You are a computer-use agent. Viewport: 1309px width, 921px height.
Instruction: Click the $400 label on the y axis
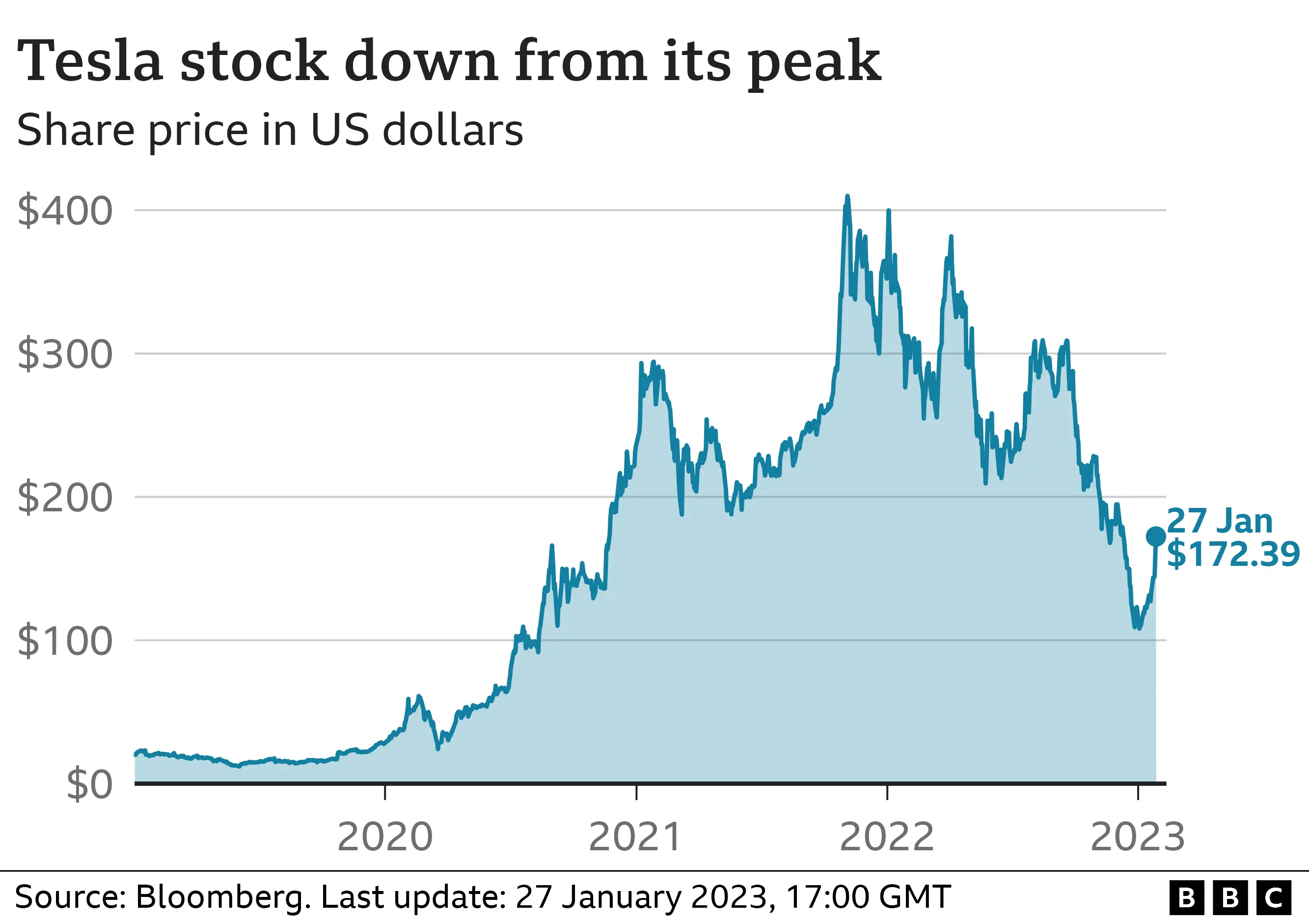[64, 212]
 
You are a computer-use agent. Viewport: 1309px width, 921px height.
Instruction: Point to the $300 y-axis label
[64, 355]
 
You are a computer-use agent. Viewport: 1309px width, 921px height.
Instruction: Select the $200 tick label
[64, 498]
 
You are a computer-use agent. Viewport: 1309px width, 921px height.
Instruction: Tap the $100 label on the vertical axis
[64, 642]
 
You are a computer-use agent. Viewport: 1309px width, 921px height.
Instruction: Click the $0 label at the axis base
[89, 785]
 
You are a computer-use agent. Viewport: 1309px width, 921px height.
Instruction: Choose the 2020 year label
[385, 837]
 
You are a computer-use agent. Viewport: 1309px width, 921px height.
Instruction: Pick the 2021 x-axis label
[635, 837]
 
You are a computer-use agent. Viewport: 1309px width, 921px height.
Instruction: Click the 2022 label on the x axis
[887, 837]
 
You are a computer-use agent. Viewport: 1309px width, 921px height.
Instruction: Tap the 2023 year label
[1137, 837]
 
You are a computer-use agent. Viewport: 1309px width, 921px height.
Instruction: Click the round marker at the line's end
[1156, 536]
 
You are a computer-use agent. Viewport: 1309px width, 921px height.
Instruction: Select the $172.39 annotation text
[1232, 554]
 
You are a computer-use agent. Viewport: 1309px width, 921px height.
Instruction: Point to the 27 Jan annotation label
[1220, 521]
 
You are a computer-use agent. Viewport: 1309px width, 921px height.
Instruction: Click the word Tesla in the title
[90, 61]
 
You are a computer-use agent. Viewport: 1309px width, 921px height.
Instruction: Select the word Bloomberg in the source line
[223, 897]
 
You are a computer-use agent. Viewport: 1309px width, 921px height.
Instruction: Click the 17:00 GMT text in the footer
[868, 897]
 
